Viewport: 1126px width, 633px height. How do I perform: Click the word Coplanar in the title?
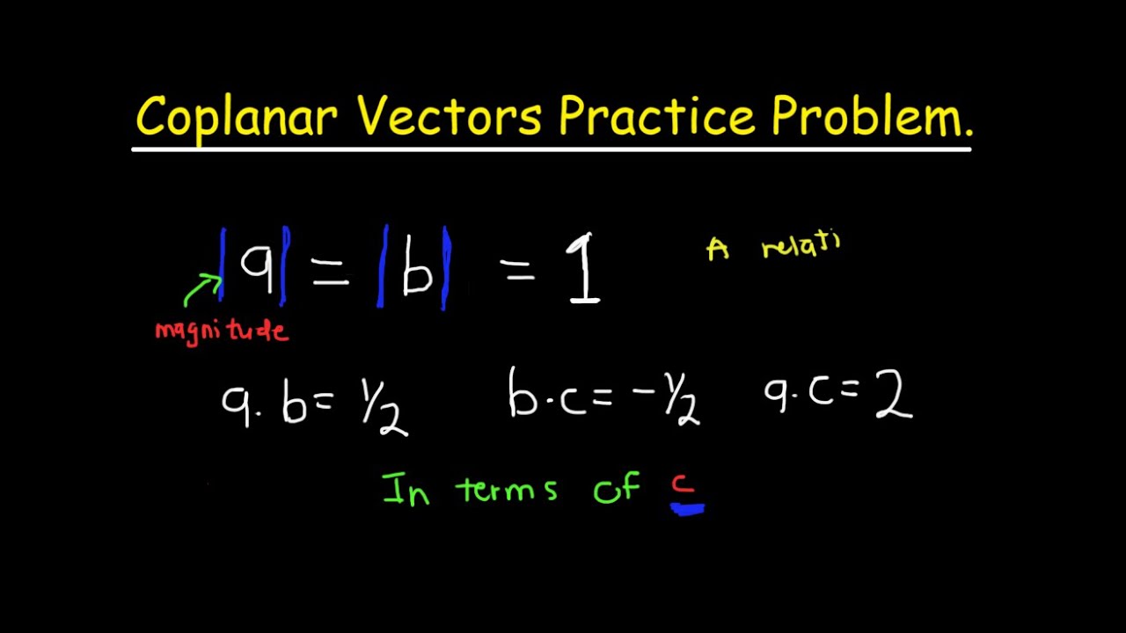(236, 117)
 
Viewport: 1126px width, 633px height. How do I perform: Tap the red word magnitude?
(221, 331)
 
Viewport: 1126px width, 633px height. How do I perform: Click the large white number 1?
(585, 269)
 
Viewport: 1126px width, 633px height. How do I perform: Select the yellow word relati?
(801, 245)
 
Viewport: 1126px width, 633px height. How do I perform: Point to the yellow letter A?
(718, 251)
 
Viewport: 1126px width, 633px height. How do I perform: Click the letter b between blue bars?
(416, 273)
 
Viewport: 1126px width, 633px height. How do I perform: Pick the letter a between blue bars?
(257, 267)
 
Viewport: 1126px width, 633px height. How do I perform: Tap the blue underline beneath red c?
(687, 507)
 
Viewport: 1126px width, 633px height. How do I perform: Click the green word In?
(406, 489)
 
